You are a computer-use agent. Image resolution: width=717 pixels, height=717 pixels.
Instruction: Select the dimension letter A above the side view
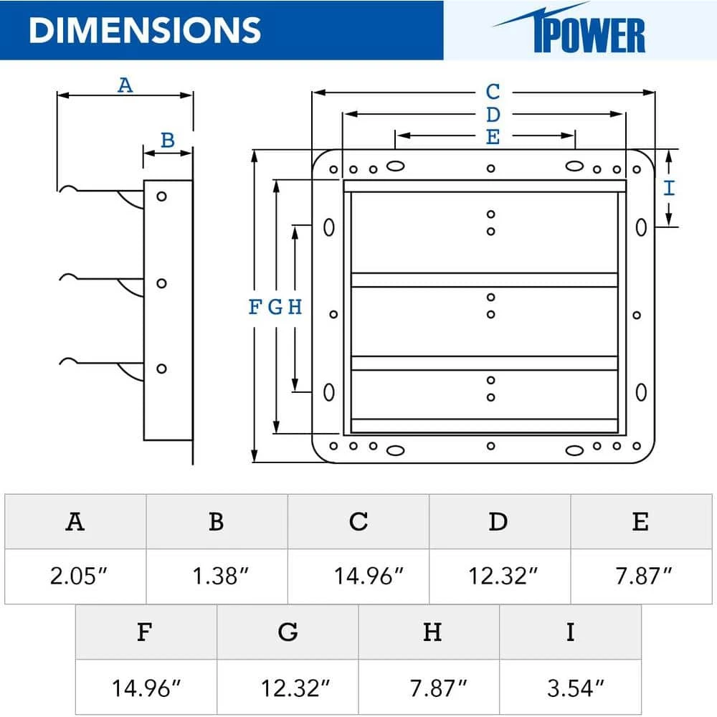tap(125, 85)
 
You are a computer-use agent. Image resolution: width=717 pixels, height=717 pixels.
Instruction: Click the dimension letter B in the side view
tap(167, 140)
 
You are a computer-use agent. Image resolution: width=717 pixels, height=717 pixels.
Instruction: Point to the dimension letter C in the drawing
tap(493, 92)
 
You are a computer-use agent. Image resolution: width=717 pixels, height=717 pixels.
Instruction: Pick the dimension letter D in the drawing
tap(493, 114)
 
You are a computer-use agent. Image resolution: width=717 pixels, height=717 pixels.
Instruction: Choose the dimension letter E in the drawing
tap(493, 137)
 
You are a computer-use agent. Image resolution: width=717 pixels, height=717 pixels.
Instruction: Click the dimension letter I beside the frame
tap(668, 188)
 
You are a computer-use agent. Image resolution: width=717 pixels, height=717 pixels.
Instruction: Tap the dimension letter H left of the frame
tap(295, 308)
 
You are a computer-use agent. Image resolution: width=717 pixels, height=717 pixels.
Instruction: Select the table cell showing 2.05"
tap(75, 576)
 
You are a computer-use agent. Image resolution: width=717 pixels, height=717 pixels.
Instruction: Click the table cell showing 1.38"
tap(217, 576)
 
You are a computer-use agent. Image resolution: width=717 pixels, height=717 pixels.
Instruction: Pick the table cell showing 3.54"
tap(570, 688)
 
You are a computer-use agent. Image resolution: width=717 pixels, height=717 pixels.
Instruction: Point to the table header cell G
tap(288, 632)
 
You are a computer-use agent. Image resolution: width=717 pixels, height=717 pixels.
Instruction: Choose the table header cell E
tap(640, 521)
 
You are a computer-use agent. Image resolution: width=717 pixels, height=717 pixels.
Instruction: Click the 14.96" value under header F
tap(146, 688)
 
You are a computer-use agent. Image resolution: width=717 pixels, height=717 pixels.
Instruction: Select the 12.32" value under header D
tap(499, 576)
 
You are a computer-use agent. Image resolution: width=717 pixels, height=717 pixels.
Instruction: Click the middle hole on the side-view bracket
tap(162, 283)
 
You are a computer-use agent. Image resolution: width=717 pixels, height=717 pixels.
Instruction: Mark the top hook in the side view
tap(68, 189)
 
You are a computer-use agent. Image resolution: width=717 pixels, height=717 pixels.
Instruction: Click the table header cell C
tap(358, 521)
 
